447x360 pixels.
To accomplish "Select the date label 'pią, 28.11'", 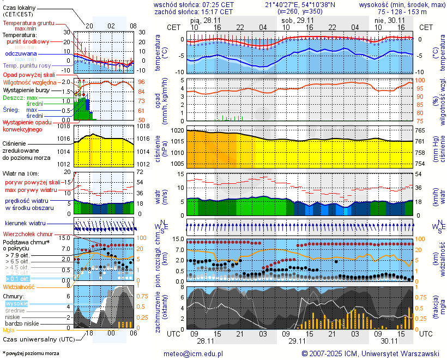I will (x=206, y=20).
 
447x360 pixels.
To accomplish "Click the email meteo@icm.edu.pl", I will (x=194, y=353).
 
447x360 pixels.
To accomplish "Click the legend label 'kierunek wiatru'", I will (x=25, y=224).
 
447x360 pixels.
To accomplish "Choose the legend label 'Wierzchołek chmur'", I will (x=27, y=234).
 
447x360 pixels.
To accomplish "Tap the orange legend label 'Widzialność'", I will (x=19, y=286).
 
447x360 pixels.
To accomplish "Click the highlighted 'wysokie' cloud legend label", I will (x=16, y=303).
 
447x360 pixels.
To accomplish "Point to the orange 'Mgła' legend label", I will (x=9, y=330).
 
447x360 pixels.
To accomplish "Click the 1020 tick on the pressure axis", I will (x=178, y=131).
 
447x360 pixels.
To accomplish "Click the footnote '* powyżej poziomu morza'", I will (x=31, y=353).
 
